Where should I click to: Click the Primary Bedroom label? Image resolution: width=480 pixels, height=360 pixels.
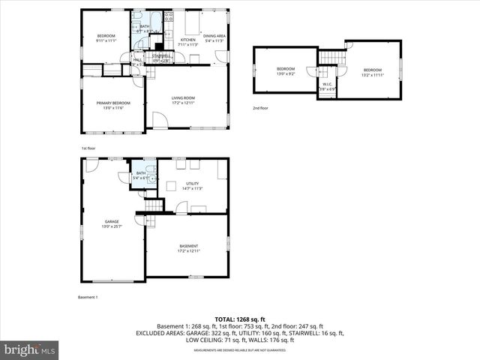(112, 105)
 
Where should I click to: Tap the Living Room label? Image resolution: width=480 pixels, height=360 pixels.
(183, 100)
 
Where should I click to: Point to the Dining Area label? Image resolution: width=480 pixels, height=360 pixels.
(214, 37)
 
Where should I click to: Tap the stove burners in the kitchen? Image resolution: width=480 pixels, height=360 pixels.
(169, 18)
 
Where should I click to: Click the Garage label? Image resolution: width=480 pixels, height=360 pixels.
(111, 223)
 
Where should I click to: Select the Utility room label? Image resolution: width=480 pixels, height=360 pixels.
(193, 185)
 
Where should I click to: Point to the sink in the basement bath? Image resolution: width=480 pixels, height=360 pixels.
(151, 179)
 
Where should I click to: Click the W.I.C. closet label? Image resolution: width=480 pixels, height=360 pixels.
(326, 86)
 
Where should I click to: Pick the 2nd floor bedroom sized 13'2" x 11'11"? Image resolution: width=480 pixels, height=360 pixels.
(373, 71)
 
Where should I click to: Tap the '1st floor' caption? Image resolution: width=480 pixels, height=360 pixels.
(88, 148)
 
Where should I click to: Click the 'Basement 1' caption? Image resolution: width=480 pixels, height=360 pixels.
(88, 297)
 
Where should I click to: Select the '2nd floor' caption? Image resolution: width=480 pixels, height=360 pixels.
(260, 109)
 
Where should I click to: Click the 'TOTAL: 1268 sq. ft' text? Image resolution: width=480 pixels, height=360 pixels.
(239, 319)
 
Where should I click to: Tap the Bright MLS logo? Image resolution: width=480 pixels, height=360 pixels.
(29, 349)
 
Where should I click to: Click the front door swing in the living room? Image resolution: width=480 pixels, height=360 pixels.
(159, 121)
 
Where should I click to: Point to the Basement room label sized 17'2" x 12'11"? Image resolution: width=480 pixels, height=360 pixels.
(188, 248)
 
